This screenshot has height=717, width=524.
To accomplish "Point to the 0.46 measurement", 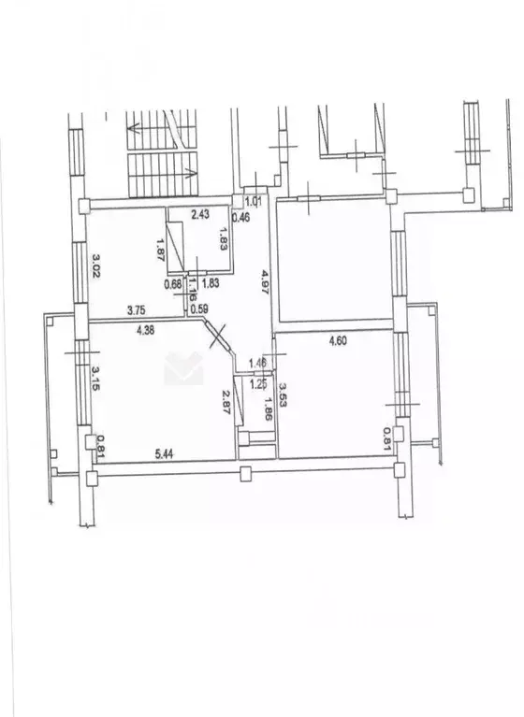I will pos(240,218).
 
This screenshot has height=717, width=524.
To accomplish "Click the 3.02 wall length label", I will pos(95,258).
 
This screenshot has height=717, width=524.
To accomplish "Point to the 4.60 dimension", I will pos(340,342).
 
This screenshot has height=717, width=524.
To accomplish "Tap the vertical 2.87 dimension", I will pos(226,403).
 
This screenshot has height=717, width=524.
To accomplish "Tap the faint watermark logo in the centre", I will pos(183,367).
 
